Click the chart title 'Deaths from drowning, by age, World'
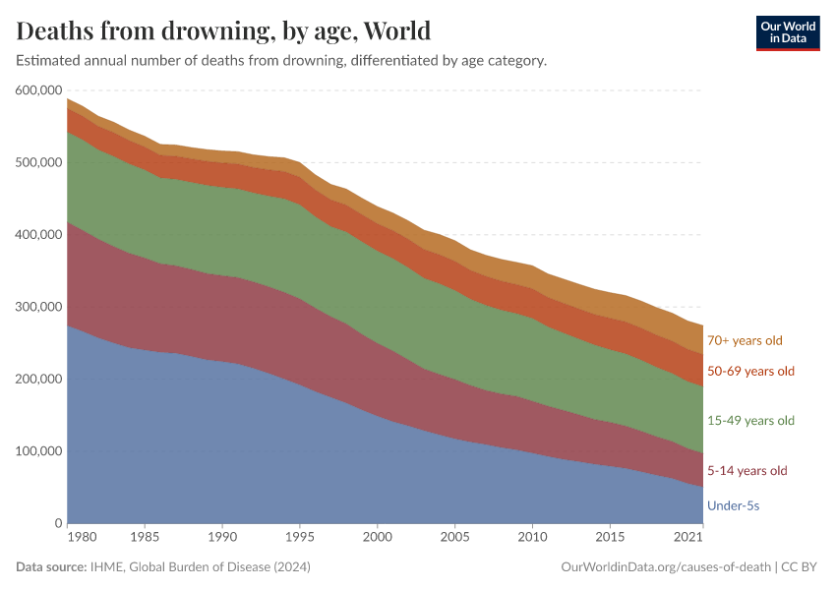click(x=223, y=30)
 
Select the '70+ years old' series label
click(x=745, y=341)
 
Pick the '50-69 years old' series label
click(x=750, y=372)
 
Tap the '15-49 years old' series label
click(x=750, y=421)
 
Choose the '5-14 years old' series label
click(x=746, y=471)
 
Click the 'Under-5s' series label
click(x=733, y=506)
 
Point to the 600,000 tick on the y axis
click(x=38, y=90)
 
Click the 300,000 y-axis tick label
click(x=38, y=307)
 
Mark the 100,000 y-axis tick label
click(x=38, y=451)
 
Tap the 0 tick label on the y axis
click(x=59, y=523)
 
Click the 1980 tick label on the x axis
click(x=82, y=539)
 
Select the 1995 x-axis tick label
click(x=299, y=539)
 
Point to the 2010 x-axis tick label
click(x=532, y=539)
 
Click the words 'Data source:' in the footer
click(x=50, y=567)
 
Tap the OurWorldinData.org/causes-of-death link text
click(x=665, y=567)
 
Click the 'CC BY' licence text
click(x=801, y=567)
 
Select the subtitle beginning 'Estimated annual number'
click(x=281, y=61)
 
